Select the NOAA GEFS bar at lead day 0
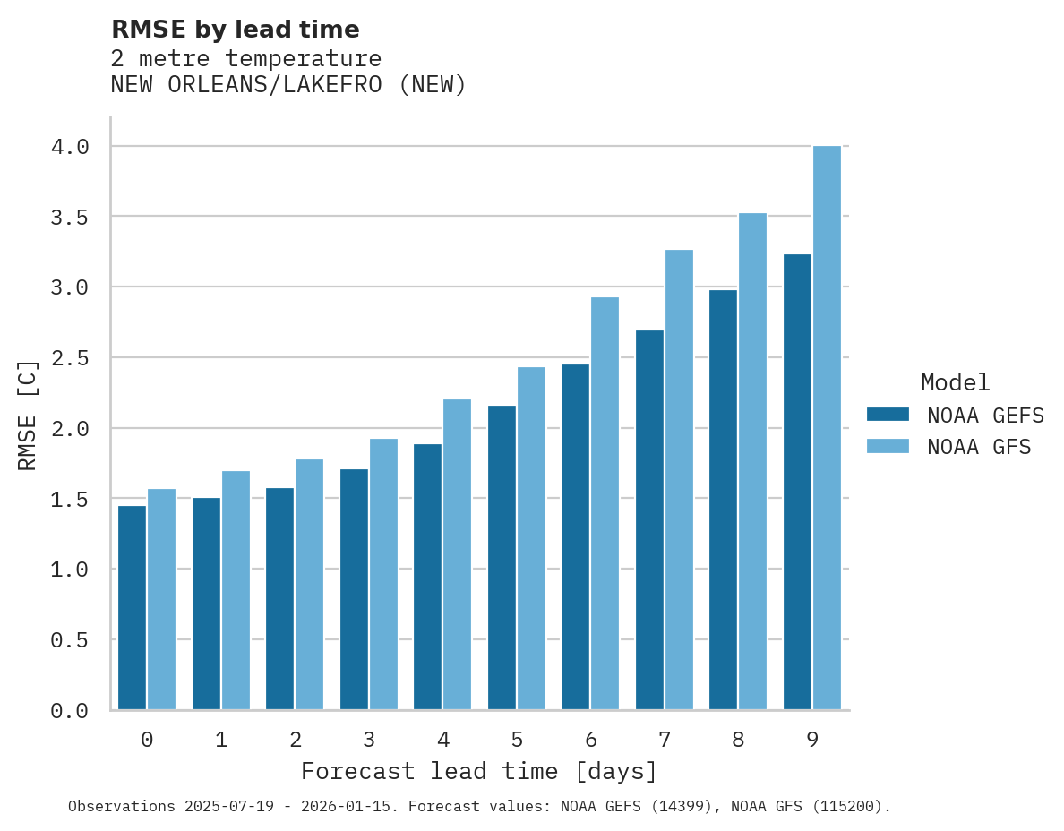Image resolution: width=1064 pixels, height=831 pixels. click(x=132, y=608)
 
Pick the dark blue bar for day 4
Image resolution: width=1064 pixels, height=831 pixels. click(x=427, y=577)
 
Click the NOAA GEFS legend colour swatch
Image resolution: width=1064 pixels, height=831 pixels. click(x=888, y=415)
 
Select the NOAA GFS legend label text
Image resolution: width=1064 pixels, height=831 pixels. click(x=979, y=447)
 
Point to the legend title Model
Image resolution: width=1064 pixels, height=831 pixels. click(x=955, y=383)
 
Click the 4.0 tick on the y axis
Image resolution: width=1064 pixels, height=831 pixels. click(x=70, y=147)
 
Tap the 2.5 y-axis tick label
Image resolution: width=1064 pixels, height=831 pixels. click(x=70, y=358)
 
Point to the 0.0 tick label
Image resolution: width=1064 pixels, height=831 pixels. click(x=70, y=711)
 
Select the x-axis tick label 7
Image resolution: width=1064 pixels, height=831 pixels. click(x=664, y=740)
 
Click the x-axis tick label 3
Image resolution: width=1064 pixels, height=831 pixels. click(x=368, y=740)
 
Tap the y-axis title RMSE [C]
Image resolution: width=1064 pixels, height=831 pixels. click(x=28, y=415)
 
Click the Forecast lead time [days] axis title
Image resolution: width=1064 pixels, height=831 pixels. click(x=479, y=772)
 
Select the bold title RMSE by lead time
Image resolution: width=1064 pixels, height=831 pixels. click(x=235, y=30)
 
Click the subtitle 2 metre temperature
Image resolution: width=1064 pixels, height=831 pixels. click(x=246, y=59)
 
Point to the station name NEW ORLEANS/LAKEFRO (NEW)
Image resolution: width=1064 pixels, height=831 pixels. click(x=288, y=86)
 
